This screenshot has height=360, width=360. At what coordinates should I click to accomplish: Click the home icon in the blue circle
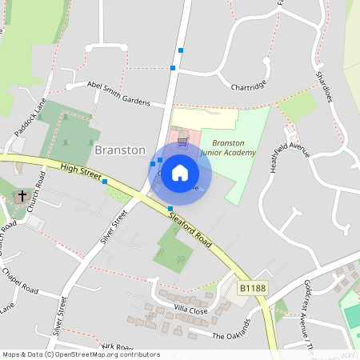pyautogui.click(x=180, y=171)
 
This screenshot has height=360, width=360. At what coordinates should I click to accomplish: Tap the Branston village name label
pyautogui.click(x=120, y=150)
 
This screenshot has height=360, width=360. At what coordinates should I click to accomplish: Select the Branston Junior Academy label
pyautogui.click(x=228, y=147)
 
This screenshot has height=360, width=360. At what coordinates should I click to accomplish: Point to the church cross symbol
pyautogui.click(x=22, y=194)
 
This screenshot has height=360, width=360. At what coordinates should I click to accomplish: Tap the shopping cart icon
pyautogui.click(x=183, y=142)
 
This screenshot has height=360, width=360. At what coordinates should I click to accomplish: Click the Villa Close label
pyautogui.click(x=191, y=310)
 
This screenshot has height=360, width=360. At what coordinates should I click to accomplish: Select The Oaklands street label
pyautogui.click(x=231, y=329)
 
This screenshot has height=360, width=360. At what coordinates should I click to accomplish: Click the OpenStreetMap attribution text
pyautogui.click(x=80, y=354)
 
